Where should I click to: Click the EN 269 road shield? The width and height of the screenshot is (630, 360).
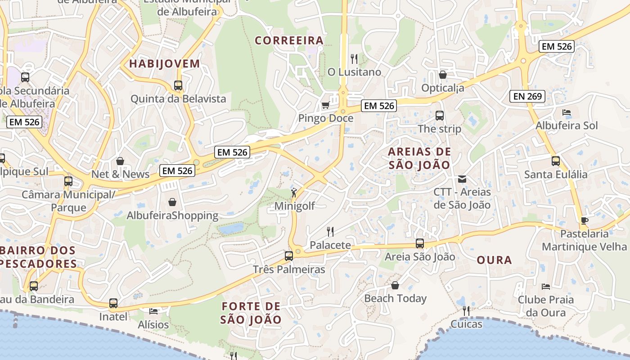point(528,96)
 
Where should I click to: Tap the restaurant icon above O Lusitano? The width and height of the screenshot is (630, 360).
point(354,58)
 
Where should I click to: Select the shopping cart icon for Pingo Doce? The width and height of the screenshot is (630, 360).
point(325,105)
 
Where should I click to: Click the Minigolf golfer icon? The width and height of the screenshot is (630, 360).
point(294,193)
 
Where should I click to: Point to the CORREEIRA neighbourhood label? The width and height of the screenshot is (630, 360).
point(289,40)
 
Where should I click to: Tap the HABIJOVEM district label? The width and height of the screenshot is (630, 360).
point(165,63)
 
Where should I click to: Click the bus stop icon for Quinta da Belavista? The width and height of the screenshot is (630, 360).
point(178,85)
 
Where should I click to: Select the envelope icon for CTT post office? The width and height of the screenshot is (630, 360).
point(462,179)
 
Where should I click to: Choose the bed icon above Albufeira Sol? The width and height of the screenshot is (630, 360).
point(567,112)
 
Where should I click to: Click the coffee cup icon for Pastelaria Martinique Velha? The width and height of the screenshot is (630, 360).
point(584,220)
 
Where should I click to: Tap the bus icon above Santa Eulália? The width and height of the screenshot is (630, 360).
point(556,161)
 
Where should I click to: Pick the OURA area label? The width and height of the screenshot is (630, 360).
point(494,260)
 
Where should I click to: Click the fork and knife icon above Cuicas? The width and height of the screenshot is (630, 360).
point(466,310)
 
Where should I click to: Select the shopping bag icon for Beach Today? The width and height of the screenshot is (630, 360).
point(395,285)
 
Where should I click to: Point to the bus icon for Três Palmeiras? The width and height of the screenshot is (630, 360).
point(289,256)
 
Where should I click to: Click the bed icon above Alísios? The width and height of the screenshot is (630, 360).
point(153,311)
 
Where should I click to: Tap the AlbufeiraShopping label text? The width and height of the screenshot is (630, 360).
point(172,216)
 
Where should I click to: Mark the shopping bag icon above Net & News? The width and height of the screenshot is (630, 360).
point(120,161)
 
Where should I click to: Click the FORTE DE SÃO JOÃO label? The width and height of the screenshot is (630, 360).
point(251,313)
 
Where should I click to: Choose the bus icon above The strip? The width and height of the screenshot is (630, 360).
point(440,116)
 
